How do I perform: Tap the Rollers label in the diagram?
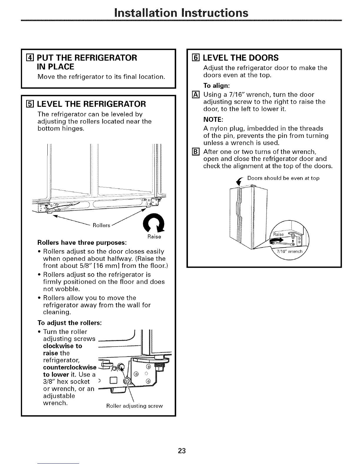pos(101,225)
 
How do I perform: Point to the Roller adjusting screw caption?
pos(134,406)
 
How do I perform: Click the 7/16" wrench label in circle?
pos(290,252)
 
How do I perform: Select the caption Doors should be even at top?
pos(283,178)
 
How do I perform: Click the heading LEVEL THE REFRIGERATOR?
pos(90,104)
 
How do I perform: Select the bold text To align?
pos(216,86)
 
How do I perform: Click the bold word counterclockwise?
pos(70,367)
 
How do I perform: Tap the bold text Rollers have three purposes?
pos(82,243)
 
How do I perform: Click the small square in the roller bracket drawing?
pos(113,382)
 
